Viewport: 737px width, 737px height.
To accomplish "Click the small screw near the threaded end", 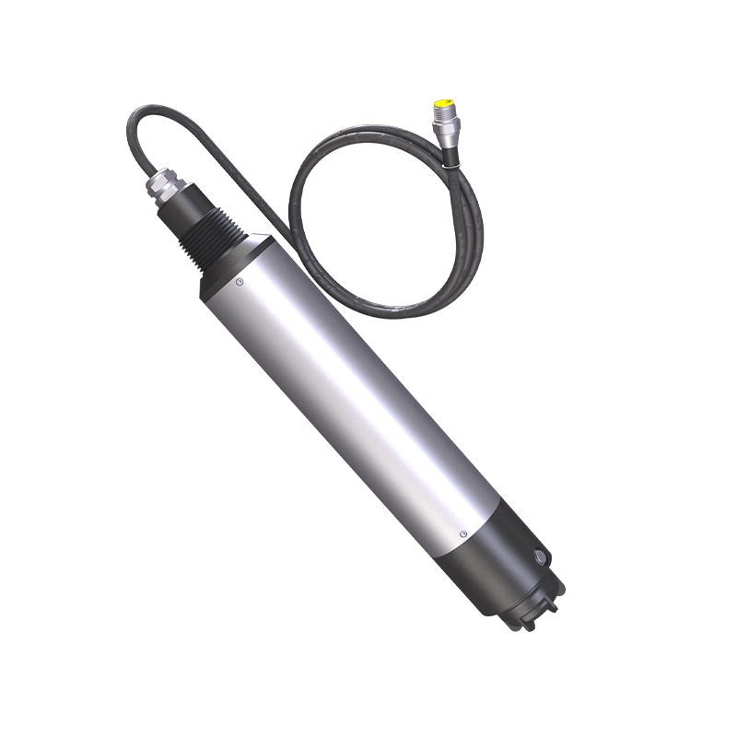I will [240, 282].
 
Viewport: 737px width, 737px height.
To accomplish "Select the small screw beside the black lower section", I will [462, 533].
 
